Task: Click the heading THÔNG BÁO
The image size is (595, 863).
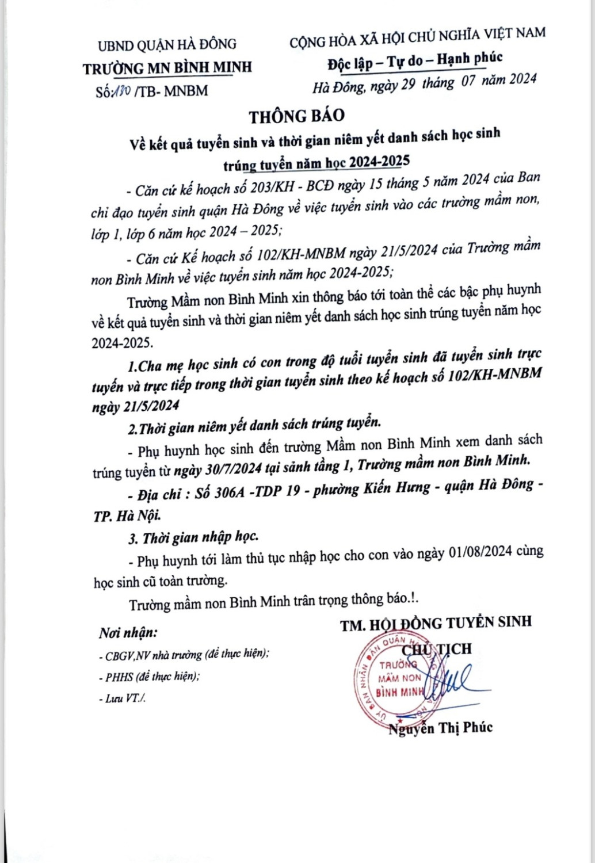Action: [296, 116]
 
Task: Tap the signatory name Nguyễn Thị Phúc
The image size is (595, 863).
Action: [441, 728]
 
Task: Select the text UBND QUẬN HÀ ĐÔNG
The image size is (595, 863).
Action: [167, 44]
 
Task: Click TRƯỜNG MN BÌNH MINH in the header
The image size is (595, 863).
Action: [167, 67]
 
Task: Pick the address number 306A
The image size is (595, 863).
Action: [228, 492]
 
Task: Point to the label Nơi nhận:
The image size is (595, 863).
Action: [128, 632]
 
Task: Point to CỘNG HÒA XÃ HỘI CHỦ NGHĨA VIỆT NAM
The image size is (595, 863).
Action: [417, 36]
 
